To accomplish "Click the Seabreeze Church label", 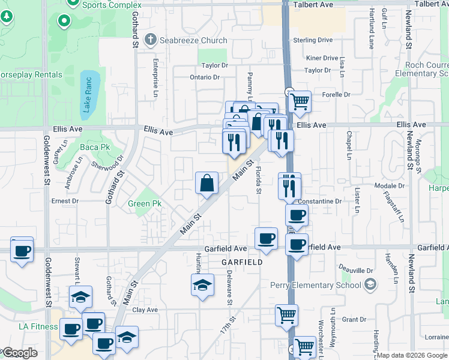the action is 193,41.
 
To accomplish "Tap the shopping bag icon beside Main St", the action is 206,184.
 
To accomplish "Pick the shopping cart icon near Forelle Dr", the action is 300,102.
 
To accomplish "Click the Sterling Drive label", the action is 313,40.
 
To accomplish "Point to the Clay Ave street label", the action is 145,310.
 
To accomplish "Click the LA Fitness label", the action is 38,327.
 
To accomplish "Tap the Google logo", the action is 20,353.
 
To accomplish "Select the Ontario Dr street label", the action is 205,77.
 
